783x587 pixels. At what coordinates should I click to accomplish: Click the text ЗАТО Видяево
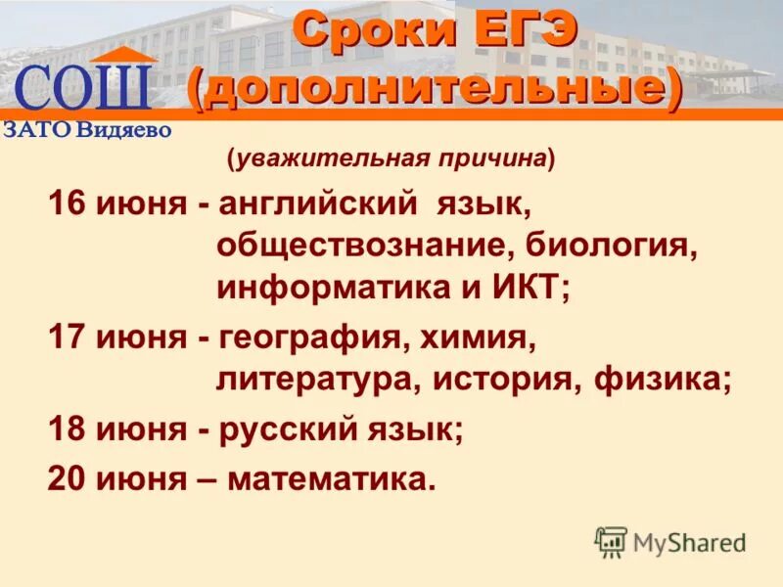pos(87,129)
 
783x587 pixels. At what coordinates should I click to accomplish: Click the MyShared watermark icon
pos(611,541)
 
